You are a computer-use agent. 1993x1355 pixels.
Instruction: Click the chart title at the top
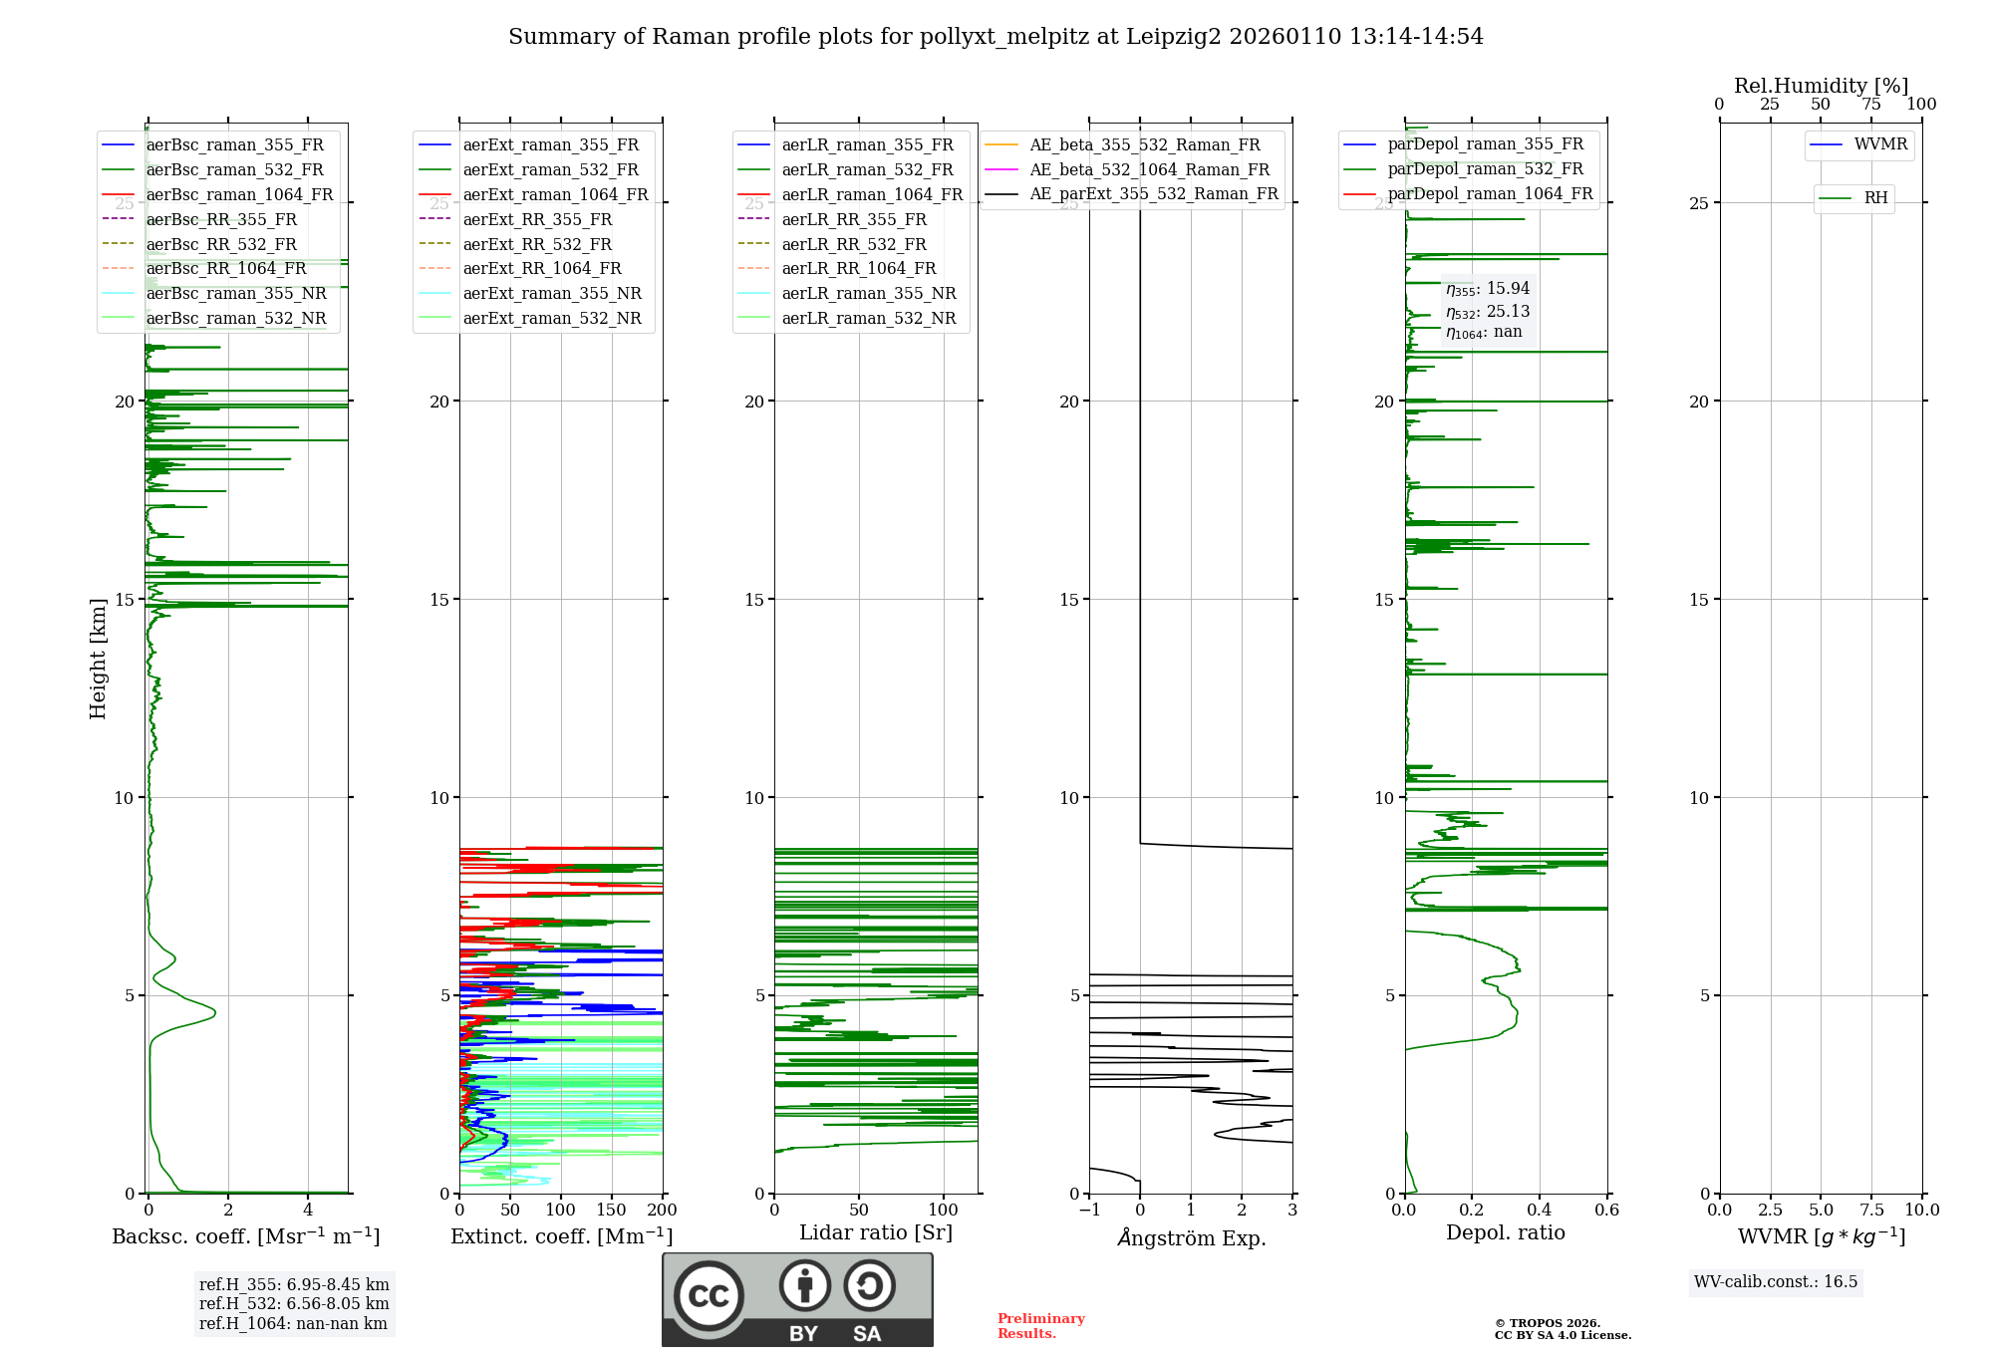click(996, 37)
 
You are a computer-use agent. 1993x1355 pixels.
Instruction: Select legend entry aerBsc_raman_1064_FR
click(239, 194)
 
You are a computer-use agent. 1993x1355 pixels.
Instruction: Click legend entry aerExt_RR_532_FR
click(537, 244)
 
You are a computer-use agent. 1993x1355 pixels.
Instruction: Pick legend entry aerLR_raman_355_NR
click(868, 293)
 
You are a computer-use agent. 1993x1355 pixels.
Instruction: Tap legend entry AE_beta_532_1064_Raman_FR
click(1149, 169)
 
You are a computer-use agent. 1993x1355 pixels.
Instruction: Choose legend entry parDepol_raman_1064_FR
click(1490, 193)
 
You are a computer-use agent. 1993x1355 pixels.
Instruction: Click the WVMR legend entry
click(1880, 144)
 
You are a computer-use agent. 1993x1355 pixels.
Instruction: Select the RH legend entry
click(1875, 198)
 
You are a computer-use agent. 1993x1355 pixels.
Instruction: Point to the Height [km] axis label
click(98, 659)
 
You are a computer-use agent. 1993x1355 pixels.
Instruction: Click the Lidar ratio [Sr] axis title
click(876, 1232)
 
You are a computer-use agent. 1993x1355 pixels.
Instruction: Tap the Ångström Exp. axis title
click(1192, 1237)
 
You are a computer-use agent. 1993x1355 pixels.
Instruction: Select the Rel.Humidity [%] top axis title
click(1821, 86)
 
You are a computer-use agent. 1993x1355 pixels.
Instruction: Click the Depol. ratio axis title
click(1505, 1232)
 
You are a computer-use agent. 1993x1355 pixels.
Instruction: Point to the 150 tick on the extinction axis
click(611, 1211)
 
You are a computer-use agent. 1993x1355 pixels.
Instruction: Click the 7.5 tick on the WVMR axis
click(1871, 1211)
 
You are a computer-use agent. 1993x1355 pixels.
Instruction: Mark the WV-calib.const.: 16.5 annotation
click(1776, 1281)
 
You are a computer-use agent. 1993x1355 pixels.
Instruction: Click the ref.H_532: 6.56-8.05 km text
click(294, 1303)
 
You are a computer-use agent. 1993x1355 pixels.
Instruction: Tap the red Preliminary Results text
click(1040, 1325)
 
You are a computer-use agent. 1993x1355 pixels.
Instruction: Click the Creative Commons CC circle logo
click(709, 1295)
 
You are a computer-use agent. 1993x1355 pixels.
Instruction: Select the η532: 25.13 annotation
click(1488, 312)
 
